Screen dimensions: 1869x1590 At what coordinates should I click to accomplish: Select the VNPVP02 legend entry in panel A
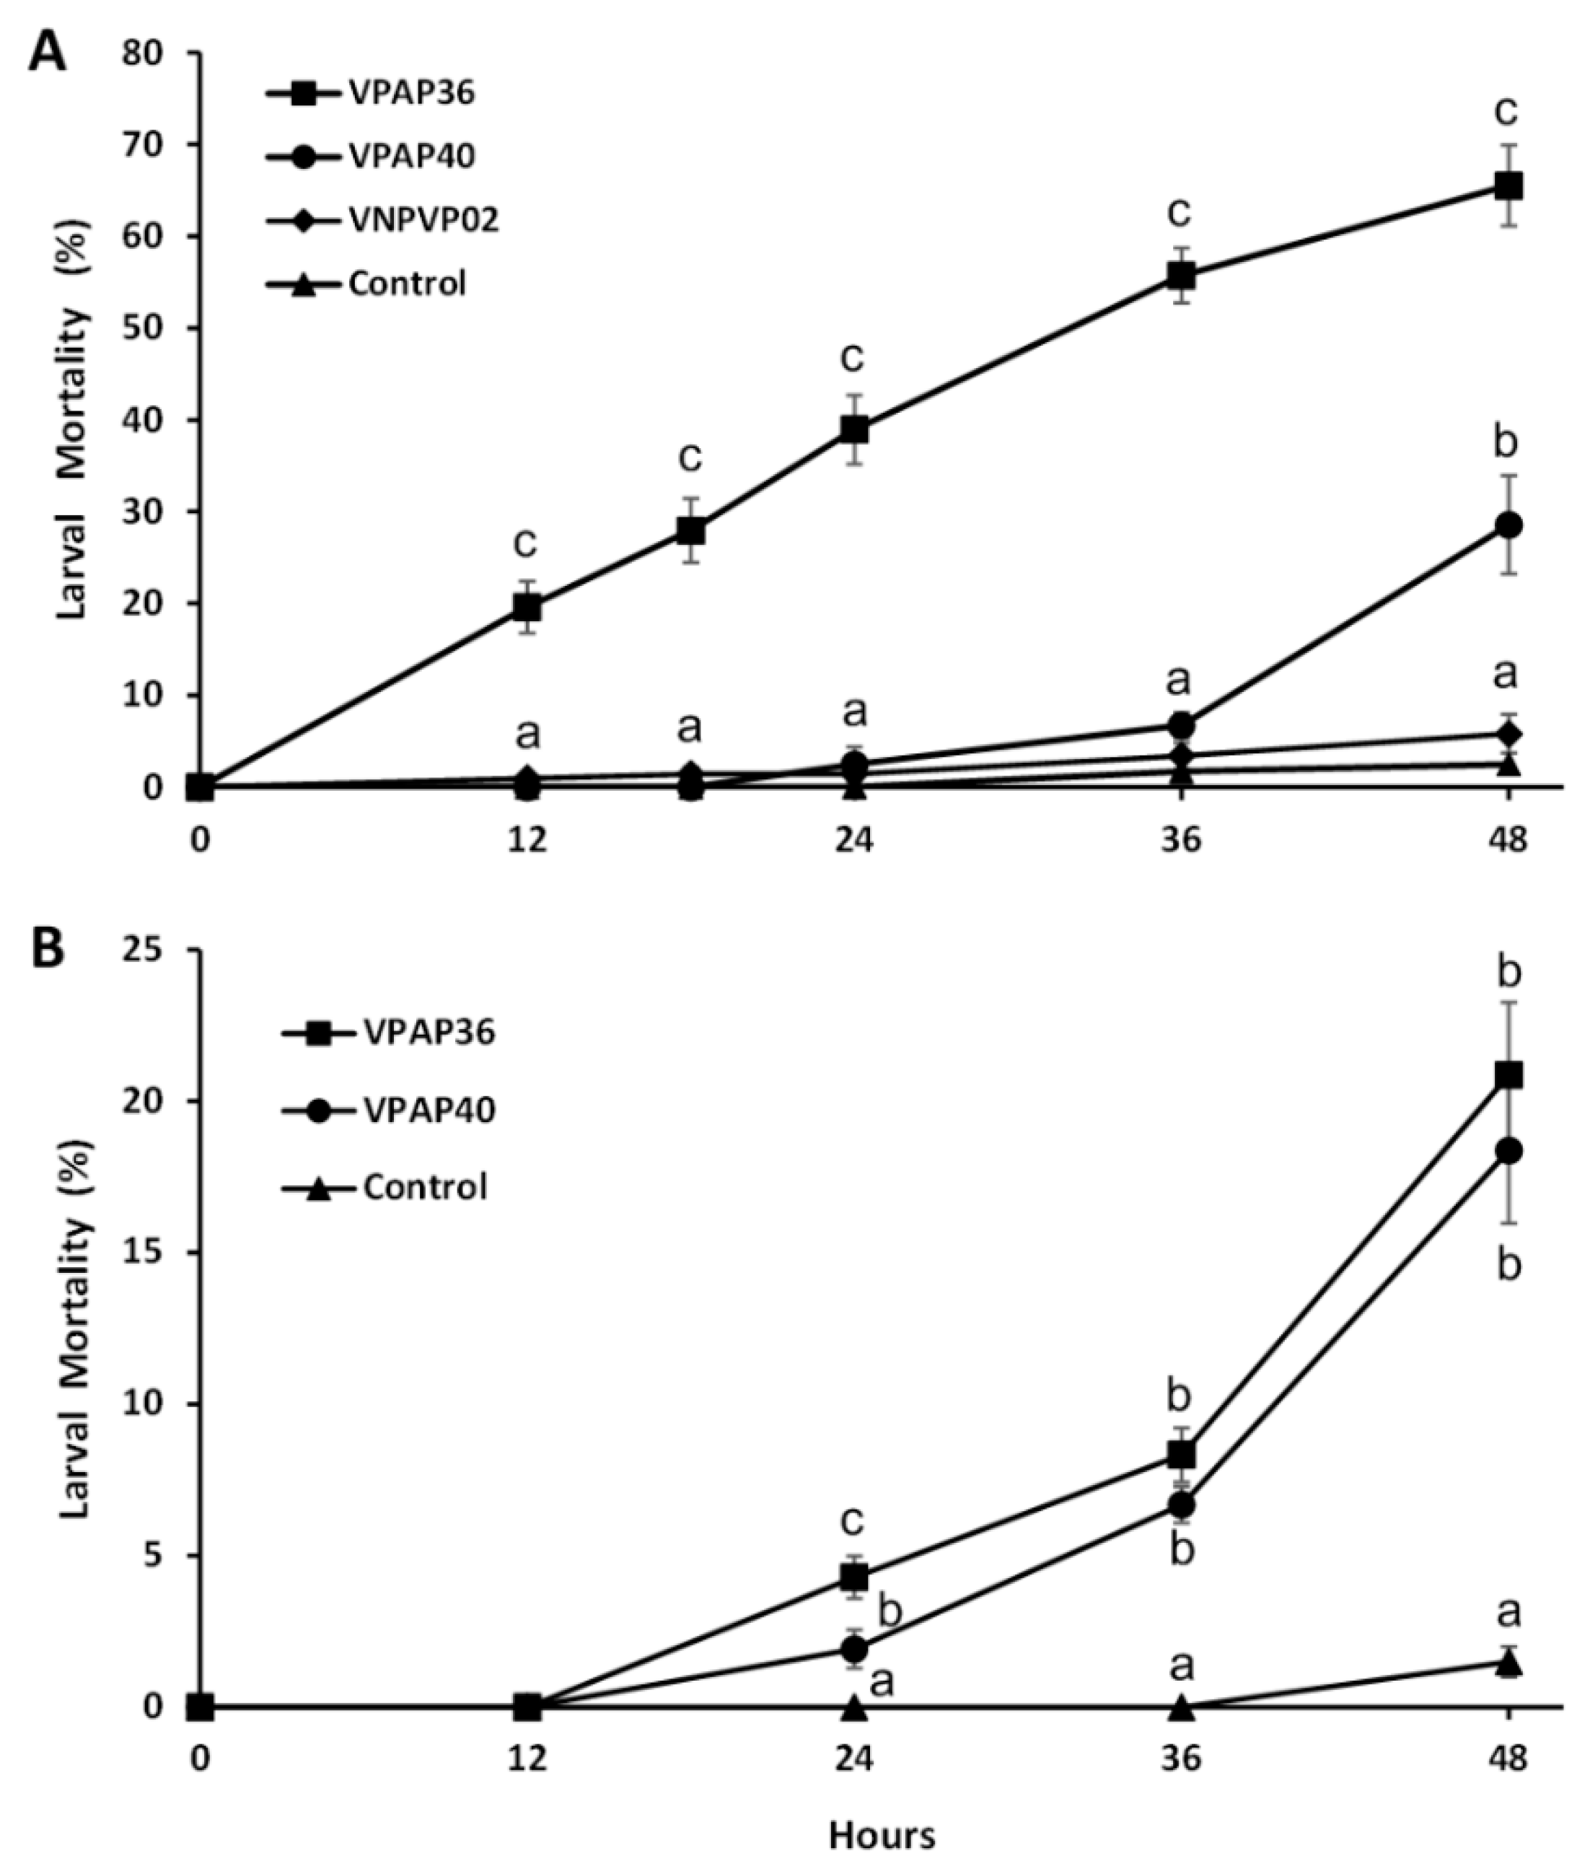tap(423, 221)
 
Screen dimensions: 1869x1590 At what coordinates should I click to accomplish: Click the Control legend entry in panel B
tap(424, 1186)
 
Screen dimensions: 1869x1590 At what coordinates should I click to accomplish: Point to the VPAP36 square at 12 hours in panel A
tap(527, 608)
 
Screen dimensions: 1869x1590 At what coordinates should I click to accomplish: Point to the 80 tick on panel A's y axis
tap(162, 54)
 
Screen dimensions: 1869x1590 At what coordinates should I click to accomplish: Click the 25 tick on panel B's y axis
tap(162, 950)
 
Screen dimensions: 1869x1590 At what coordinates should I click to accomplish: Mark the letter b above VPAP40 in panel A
tap(1506, 444)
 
